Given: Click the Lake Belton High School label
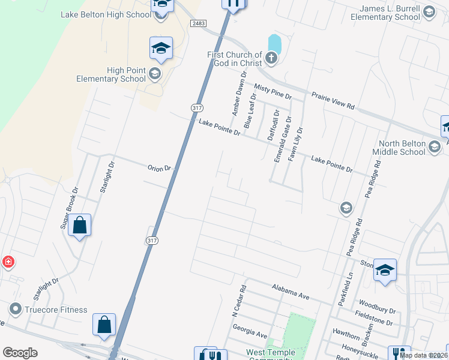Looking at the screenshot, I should [106, 14].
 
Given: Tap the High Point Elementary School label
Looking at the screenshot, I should [111, 74].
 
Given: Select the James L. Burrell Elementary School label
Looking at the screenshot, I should [390, 13].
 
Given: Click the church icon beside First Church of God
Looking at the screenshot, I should [271, 59].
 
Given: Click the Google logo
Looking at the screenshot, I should [20, 353].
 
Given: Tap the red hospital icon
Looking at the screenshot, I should [8, 262].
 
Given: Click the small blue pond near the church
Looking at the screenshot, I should [274, 43].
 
